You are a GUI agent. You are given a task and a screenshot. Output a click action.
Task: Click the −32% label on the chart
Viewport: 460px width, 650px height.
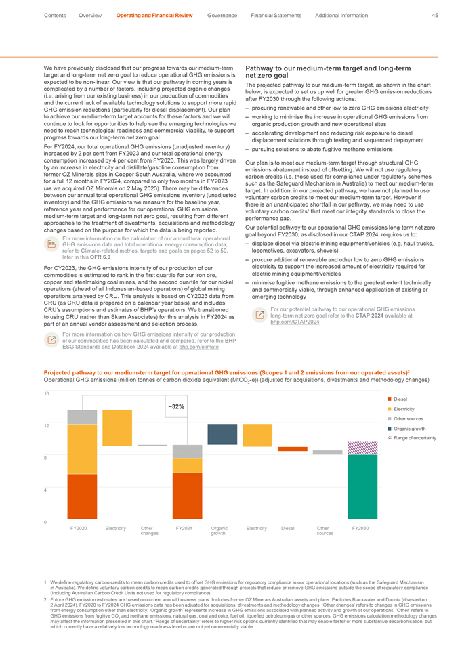[176, 407]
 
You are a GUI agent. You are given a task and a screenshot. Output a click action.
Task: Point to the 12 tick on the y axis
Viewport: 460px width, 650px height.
[46, 425]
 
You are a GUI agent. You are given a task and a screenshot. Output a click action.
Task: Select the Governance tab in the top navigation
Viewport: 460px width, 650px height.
[222, 15]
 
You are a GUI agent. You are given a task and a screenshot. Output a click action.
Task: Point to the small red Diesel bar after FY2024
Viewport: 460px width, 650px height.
[293, 448]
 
